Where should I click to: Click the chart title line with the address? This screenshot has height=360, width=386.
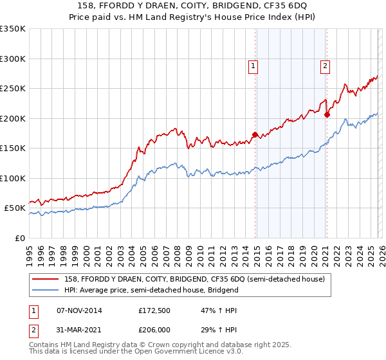point(193,6)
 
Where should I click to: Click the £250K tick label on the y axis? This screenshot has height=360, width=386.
point(13,89)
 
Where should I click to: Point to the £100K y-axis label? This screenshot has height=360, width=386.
point(13,178)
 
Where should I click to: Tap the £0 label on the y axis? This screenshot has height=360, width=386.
point(20,238)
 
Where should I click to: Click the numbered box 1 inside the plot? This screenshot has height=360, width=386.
point(253,66)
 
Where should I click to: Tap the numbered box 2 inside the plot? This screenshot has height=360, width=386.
point(326,66)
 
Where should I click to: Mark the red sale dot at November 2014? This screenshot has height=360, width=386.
point(255,135)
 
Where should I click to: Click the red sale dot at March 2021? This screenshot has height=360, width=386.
point(327,115)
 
